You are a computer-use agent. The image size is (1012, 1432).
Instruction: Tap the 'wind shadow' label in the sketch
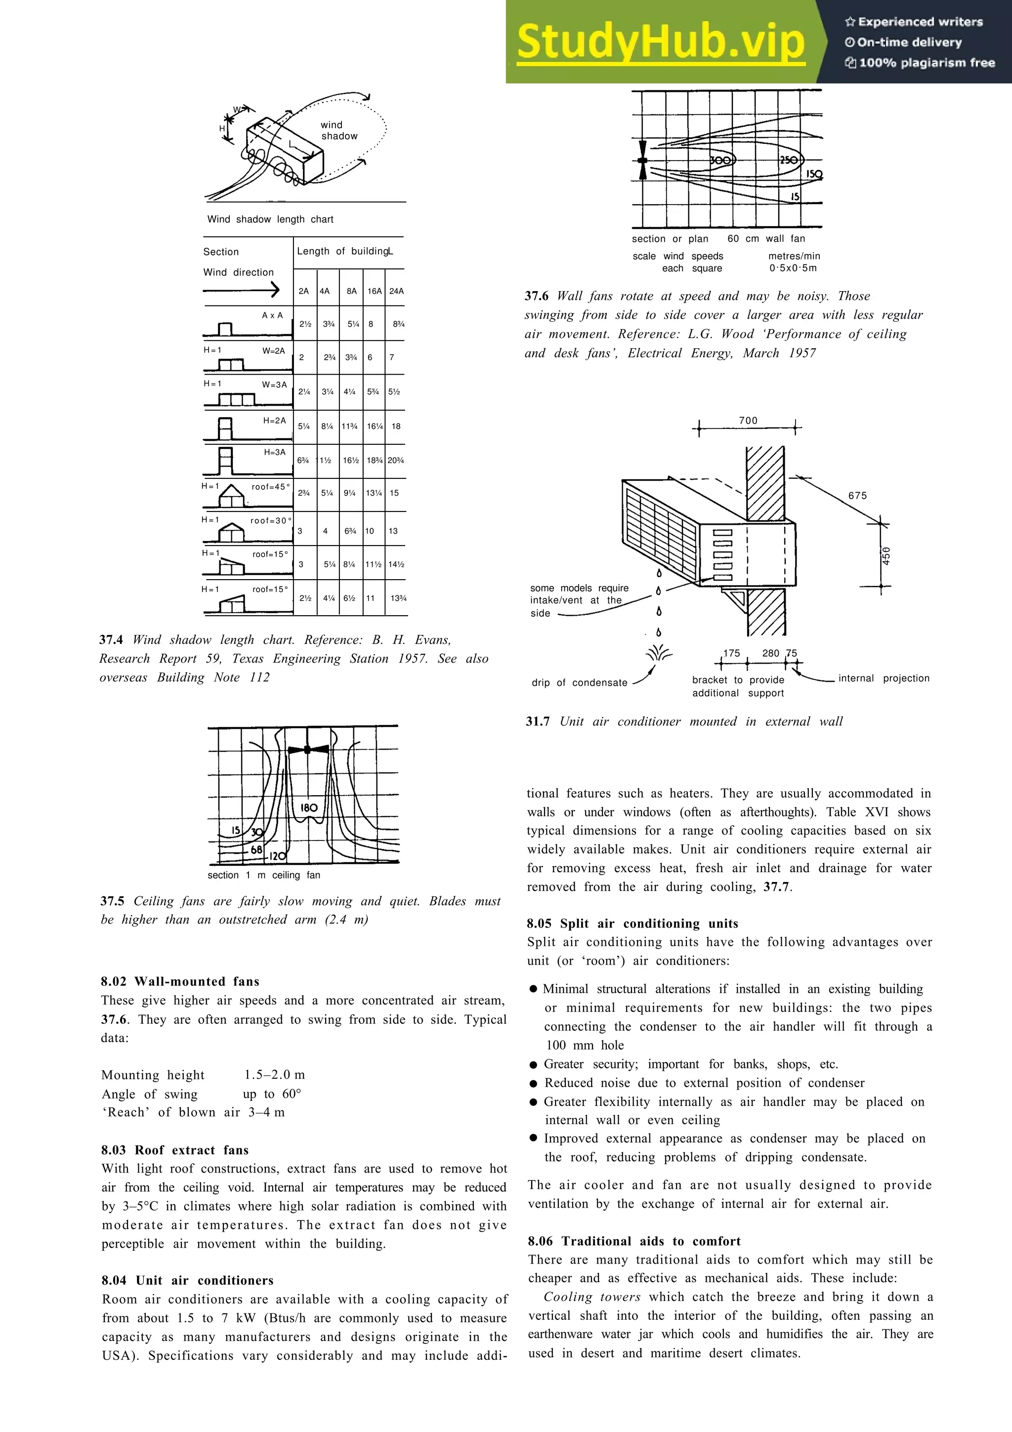(x=338, y=130)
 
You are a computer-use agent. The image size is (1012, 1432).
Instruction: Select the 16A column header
(x=374, y=291)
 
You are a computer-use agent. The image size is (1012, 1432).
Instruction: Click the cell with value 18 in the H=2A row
(x=396, y=426)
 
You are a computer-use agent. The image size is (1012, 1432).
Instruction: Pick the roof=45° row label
(x=271, y=487)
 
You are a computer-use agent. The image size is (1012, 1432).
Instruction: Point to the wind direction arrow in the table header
(x=241, y=290)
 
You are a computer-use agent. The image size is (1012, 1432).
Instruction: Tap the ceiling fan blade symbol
(x=308, y=750)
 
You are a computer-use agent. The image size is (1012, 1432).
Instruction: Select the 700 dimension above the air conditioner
(x=748, y=421)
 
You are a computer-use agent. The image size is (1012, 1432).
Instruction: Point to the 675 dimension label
(x=857, y=495)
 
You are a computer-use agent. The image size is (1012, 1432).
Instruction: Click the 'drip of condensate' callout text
(x=579, y=682)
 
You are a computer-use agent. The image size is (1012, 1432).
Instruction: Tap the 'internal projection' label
(x=884, y=678)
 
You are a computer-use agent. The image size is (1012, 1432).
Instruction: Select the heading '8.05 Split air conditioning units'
(x=632, y=923)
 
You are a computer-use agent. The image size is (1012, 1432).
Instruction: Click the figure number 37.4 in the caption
(x=111, y=639)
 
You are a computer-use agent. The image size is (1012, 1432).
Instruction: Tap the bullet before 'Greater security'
(x=533, y=1065)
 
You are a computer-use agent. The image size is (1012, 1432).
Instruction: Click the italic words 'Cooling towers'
(x=592, y=1297)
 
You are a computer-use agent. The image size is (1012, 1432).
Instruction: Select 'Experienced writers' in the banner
(x=914, y=22)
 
